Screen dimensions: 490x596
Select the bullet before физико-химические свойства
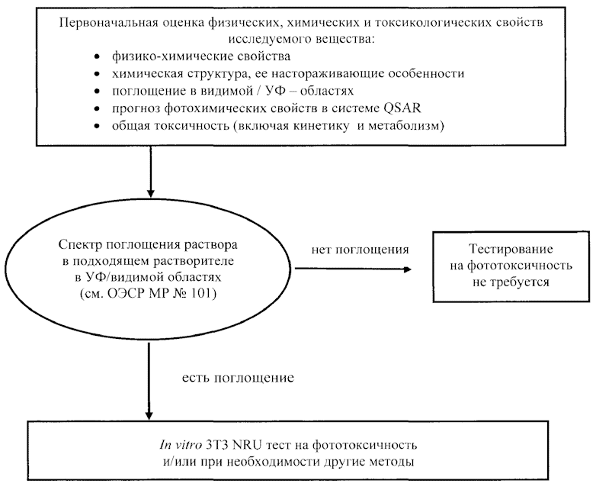click(95, 58)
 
